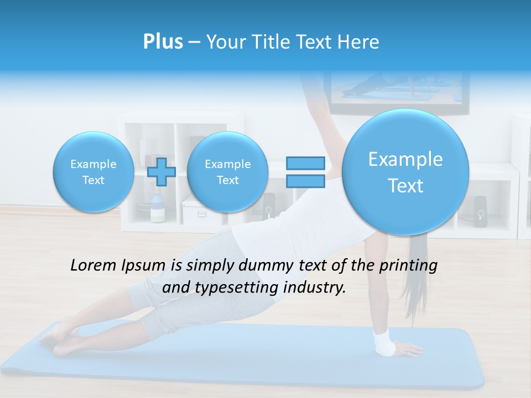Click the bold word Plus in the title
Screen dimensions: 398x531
coord(163,42)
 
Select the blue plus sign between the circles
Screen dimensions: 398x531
coord(162,172)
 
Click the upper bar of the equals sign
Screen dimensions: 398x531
coord(305,163)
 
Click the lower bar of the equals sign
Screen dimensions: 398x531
coord(305,181)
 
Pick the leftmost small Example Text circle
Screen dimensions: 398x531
coord(93,172)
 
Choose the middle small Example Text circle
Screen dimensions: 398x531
coord(227,172)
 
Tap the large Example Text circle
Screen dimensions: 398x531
coord(405,172)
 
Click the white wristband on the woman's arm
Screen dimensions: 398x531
coord(384,343)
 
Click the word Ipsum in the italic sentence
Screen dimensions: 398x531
coord(145,265)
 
